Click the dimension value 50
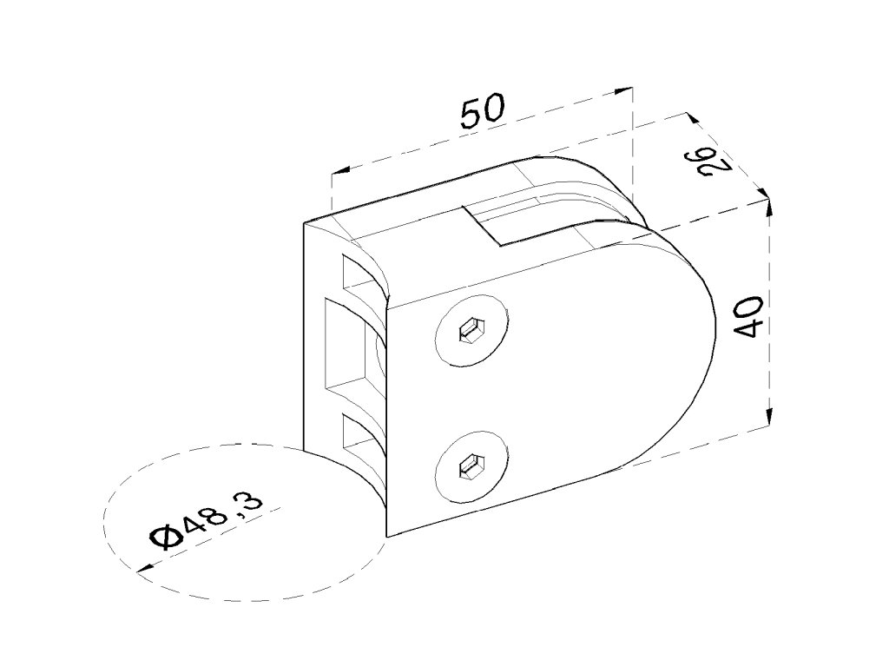coord(482,113)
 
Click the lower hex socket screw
coord(472,466)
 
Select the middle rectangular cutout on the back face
coord(347,347)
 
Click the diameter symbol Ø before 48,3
coord(163,538)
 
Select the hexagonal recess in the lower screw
coord(472,467)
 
